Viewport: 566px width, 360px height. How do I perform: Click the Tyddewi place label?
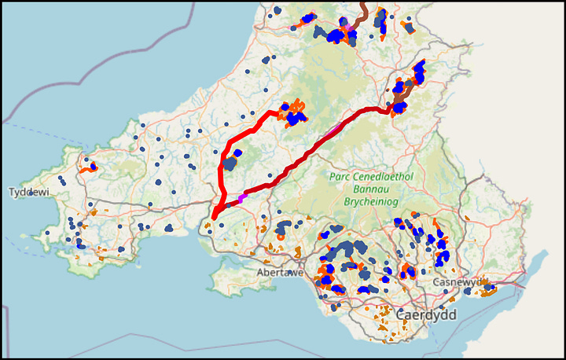click(x=28, y=193)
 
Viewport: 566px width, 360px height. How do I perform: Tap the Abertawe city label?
click(x=280, y=273)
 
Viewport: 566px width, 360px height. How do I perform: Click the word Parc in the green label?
click(x=344, y=177)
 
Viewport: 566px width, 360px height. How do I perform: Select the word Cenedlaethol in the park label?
click(x=386, y=177)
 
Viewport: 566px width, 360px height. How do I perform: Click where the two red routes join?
click(x=216, y=213)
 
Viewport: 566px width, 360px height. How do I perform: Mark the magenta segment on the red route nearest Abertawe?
click(x=243, y=198)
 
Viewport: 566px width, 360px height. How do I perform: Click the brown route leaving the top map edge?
click(x=362, y=8)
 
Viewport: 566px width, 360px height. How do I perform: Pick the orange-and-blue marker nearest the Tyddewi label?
click(x=88, y=167)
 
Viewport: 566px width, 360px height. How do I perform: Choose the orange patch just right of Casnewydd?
click(x=488, y=288)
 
